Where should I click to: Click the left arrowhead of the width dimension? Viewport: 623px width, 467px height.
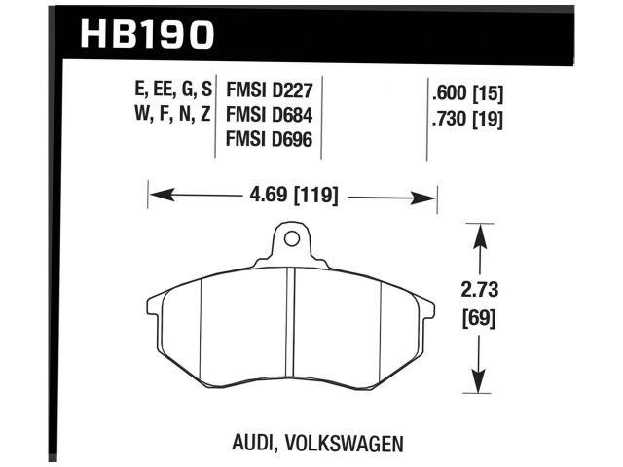click(156, 197)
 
